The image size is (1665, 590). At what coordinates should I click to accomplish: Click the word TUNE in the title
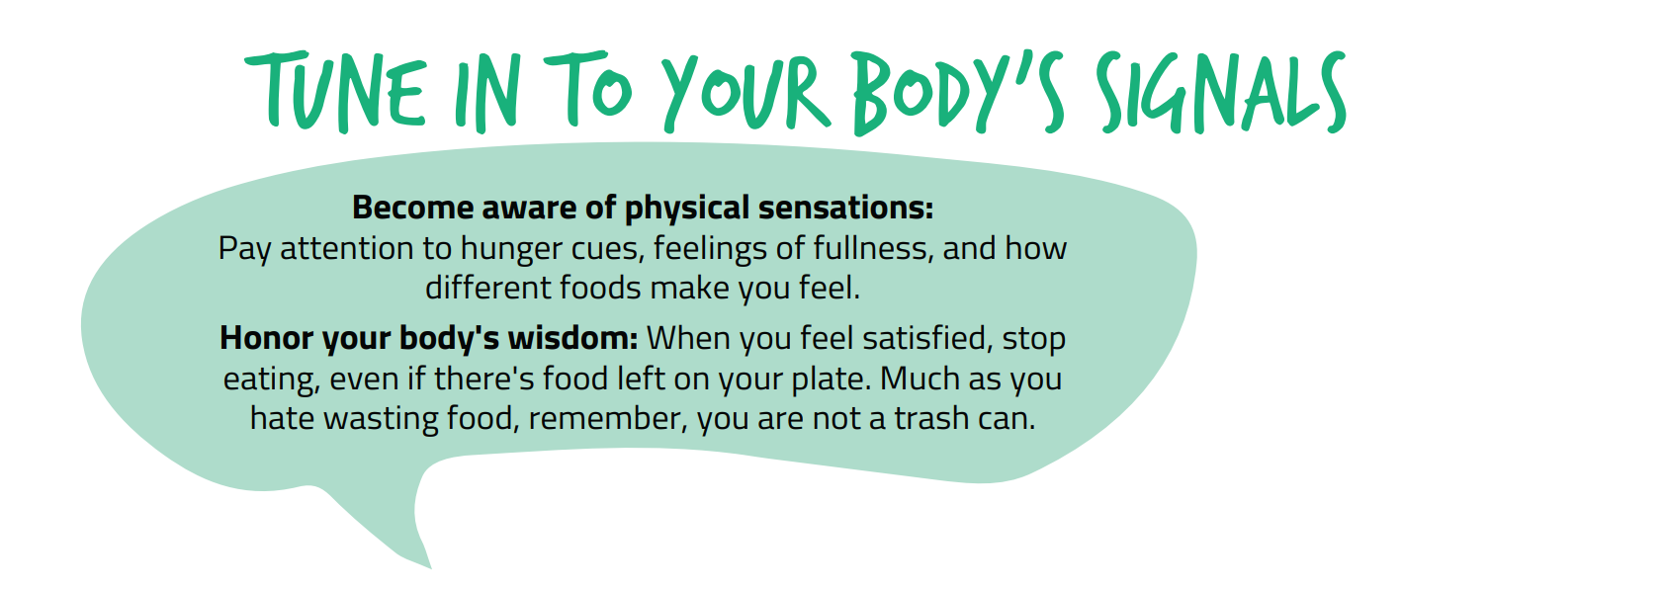336,92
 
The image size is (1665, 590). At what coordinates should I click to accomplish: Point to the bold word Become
412,208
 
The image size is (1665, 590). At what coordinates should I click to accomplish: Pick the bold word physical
687,209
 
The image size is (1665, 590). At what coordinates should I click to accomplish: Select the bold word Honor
266,338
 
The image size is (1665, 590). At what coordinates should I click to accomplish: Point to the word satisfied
927,338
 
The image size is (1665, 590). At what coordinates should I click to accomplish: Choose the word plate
831,379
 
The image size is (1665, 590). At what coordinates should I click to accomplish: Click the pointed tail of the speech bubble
430,567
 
